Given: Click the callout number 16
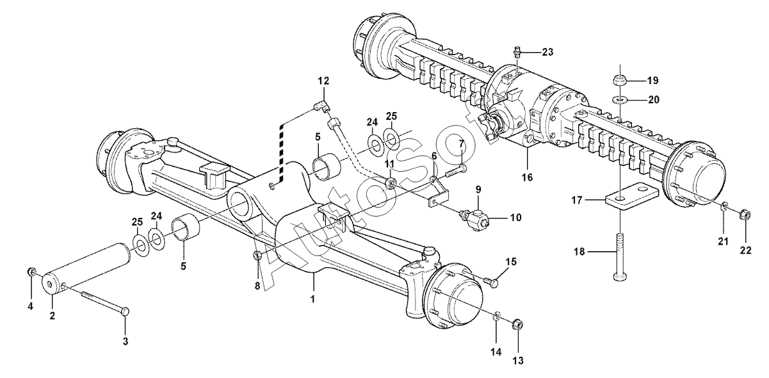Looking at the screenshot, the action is [528, 177].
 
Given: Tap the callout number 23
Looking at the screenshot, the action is [547, 52].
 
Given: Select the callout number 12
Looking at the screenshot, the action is [323, 81].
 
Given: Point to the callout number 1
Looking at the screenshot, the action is [312, 299].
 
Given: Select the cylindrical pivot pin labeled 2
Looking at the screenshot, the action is [86, 268].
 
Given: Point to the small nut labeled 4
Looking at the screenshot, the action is [31, 272].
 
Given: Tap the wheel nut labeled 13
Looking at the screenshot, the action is [517, 325].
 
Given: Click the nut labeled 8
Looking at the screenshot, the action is [257, 256].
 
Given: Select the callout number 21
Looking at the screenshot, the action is [724, 242].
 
